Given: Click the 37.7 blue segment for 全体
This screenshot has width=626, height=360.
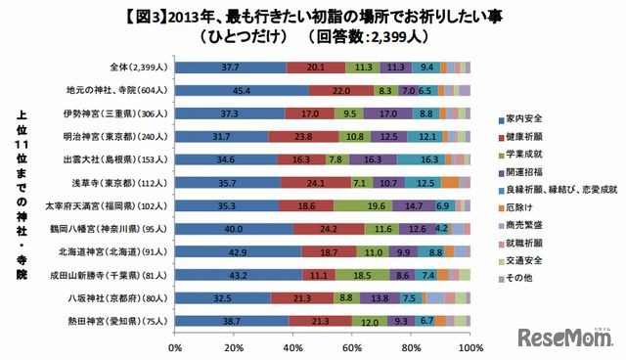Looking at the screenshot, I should (x=231, y=67).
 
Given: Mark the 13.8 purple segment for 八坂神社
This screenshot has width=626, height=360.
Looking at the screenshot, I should (x=380, y=298).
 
